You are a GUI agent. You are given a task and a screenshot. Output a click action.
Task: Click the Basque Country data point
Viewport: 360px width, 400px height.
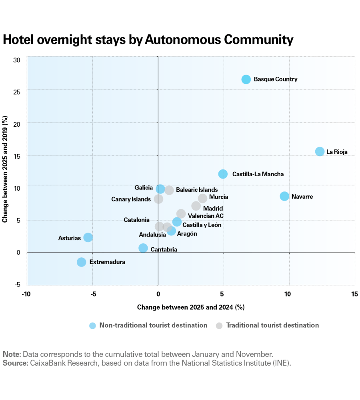pos(246,79)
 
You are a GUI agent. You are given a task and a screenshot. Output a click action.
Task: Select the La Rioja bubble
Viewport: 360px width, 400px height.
pos(320,151)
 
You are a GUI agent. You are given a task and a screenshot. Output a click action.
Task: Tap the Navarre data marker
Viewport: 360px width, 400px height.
pos(284,196)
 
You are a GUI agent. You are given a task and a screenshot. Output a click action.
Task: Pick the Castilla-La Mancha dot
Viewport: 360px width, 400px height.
pos(223,174)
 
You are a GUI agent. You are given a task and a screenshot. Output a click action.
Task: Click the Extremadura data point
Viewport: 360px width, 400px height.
pos(82,262)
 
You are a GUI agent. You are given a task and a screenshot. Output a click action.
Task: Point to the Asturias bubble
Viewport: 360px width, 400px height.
pos(88,237)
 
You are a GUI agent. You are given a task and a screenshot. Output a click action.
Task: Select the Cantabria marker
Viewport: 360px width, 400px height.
pos(143,248)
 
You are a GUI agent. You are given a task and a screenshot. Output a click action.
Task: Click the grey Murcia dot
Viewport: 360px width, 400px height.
pos(203,198)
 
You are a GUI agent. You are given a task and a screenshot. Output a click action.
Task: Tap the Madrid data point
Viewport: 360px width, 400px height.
pos(196,206)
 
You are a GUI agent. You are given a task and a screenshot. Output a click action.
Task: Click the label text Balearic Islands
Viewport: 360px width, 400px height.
pos(197,190)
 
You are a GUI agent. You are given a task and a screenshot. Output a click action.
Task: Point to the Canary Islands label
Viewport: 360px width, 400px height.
pos(131,199)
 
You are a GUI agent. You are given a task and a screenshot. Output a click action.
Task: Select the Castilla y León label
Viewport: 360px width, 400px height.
pos(202,225)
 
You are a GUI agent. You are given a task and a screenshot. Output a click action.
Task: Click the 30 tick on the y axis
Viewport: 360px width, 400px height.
pos(17,60)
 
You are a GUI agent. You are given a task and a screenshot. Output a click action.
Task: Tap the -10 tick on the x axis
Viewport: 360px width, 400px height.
pos(26,294)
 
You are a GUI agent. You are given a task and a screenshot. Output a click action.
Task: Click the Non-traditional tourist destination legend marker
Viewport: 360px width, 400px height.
pos(93,325)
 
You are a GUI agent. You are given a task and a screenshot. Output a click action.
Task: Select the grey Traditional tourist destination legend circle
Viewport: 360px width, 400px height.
pos(219,325)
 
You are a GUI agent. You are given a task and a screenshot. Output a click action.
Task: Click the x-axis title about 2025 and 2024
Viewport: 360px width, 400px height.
pos(190,307)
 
